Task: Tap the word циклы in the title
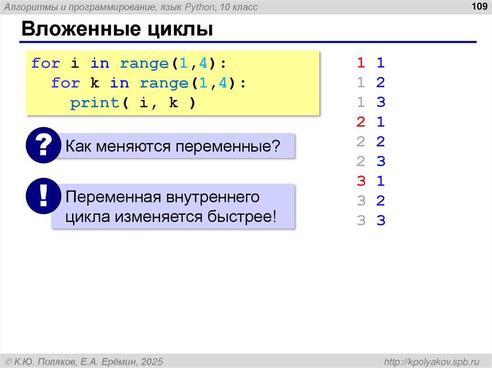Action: tap(181, 31)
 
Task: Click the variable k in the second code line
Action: tap(95, 83)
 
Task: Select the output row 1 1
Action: tap(370, 63)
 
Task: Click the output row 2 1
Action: tap(370, 122)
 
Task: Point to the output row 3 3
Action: tap(370, 221)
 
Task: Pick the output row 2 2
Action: tap(370, 142)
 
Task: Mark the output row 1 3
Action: tap(370, 103)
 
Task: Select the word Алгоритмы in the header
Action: tap(29, 7)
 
